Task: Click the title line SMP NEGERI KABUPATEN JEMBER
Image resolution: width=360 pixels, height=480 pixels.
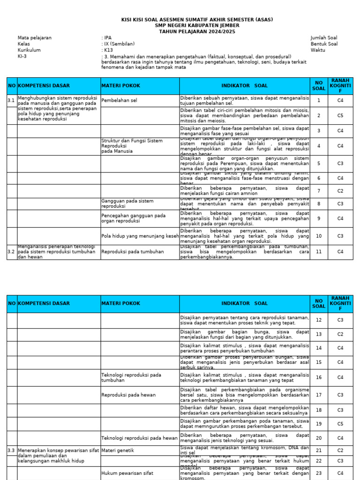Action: (x=197, y=25)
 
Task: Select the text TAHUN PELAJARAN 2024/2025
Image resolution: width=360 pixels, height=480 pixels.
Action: (x=197, y=31)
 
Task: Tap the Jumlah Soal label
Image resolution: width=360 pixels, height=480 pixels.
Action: (x=323, y=37)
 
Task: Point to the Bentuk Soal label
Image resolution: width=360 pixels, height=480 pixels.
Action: (x=323, y=44)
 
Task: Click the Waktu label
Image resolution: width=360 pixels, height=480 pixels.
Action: (x=317, y=50)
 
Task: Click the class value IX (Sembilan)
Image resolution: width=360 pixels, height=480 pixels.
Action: (x=119, y=44)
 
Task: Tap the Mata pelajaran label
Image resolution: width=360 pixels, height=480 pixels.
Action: (x=35, y=37)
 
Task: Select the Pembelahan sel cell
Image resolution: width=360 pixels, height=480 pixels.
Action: (x=119, y=100)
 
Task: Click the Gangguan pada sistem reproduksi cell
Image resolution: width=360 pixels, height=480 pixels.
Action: (x=127, y=203)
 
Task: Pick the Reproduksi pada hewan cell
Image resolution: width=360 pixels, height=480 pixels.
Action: (x=128, y=395)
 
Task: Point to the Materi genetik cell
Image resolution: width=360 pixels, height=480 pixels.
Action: (x=118, y=450)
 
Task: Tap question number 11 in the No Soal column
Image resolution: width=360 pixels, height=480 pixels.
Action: (x=319, y=252)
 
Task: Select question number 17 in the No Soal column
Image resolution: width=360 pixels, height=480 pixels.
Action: (x=319, y=395)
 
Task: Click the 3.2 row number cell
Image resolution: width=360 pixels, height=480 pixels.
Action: (x=11, y=252)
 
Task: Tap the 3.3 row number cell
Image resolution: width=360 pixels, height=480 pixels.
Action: (x=11, y=450)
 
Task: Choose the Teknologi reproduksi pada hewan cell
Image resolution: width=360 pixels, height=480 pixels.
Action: (x=139, y=438)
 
